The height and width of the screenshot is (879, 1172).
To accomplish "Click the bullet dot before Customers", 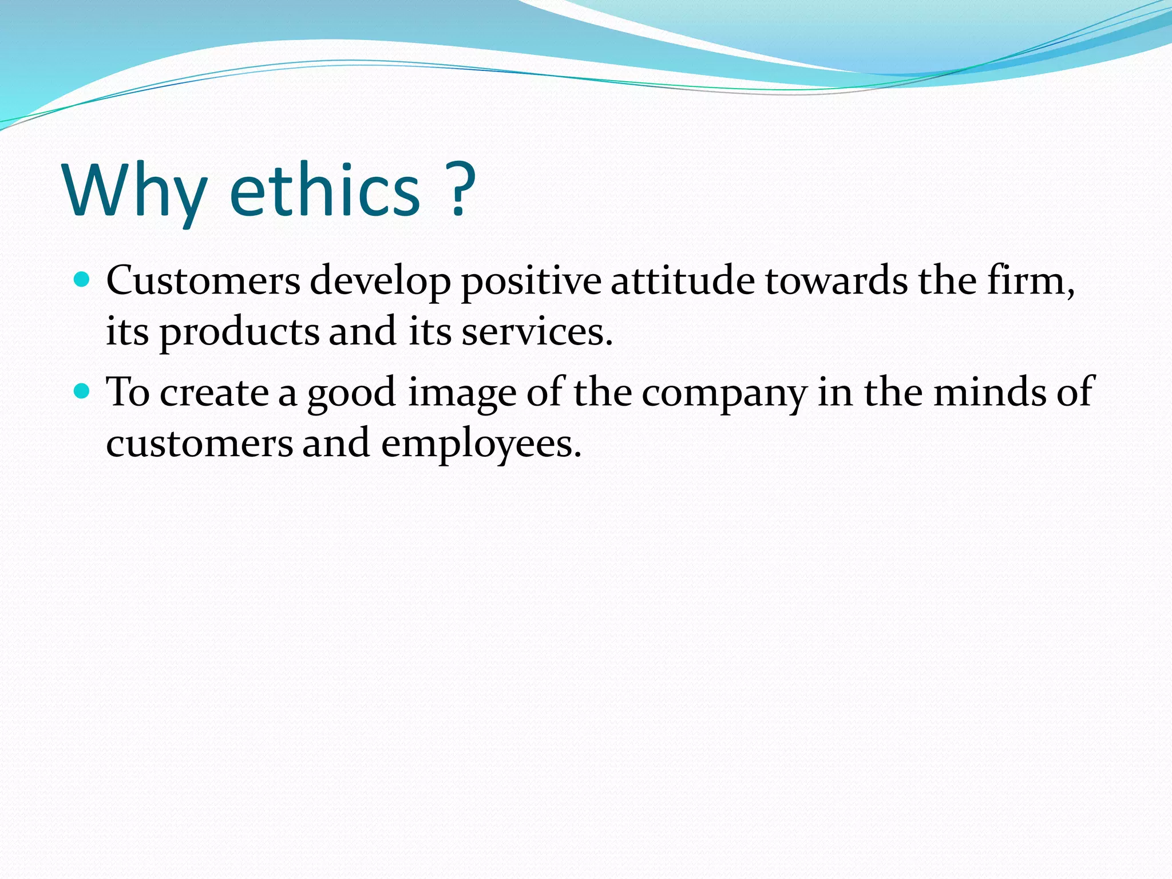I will (82, 280).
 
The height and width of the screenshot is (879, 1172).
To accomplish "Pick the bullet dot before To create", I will (82, 391).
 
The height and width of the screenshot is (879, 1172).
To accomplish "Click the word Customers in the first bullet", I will (203, 281).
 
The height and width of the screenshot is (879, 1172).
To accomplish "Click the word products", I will (239, 334).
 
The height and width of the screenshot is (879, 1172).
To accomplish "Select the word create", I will (214, 393).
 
